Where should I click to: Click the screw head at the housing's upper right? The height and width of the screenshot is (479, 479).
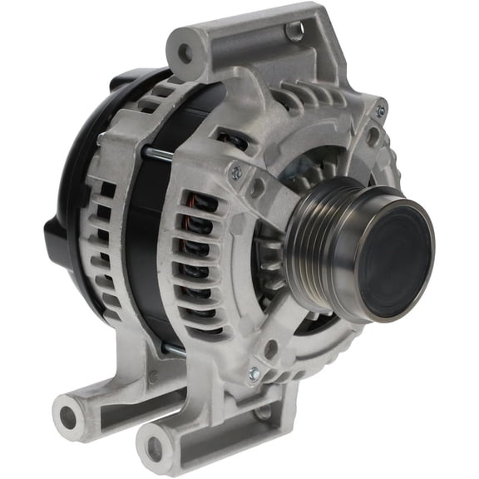[x=380, y=111]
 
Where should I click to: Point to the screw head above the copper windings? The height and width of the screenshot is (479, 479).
[x=236, y=172]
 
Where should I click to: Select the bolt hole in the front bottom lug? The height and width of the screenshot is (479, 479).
[x=155, y=447]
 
